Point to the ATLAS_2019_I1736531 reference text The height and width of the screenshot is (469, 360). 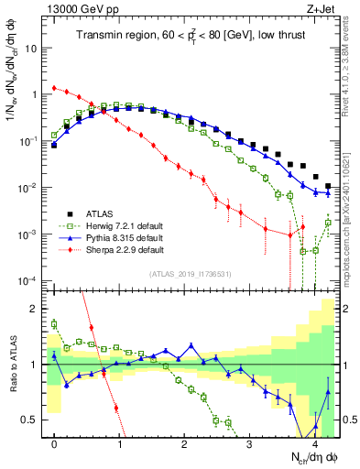tap(191, 274)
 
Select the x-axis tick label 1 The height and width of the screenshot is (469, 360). tap(119, 444)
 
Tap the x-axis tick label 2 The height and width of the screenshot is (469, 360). tap(184, 444)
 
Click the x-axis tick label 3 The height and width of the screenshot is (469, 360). tap(249, 444)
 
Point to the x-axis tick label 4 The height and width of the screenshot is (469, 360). tap(314, 444)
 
